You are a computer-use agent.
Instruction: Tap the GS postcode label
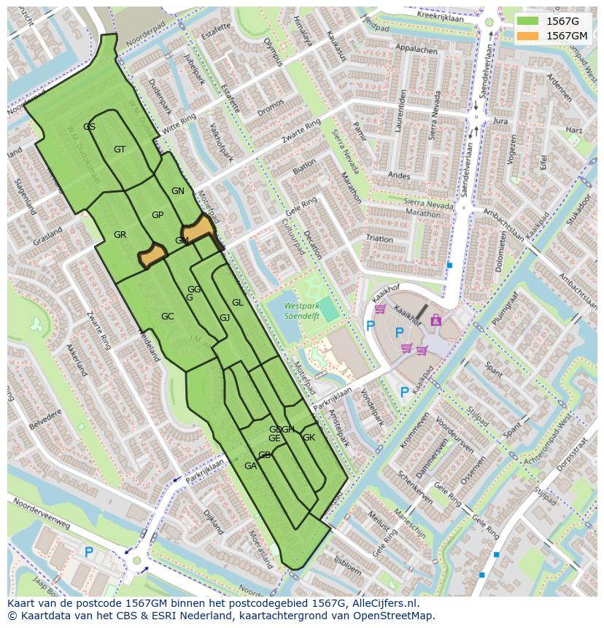click(x=89, y=127)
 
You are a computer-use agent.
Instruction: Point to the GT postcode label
click(x=120, y=150)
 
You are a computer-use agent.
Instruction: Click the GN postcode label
click(x=177, y=191)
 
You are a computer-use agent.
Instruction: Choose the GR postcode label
click(x=120, y=235)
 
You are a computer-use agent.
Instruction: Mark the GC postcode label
click(x=167, y=317)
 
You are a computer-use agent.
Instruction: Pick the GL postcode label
click(x=237, y=303)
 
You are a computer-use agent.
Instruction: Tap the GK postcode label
click(x=309, y=438)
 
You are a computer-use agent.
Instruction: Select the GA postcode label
click(x=250, y=466)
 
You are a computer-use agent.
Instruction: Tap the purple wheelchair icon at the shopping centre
click(x=436, y=319)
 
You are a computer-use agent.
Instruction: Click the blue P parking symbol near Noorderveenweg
click(x=88, y=552)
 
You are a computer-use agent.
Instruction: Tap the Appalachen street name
click(x=415, y=51)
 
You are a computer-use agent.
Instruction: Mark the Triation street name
click(x=379, y=239)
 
